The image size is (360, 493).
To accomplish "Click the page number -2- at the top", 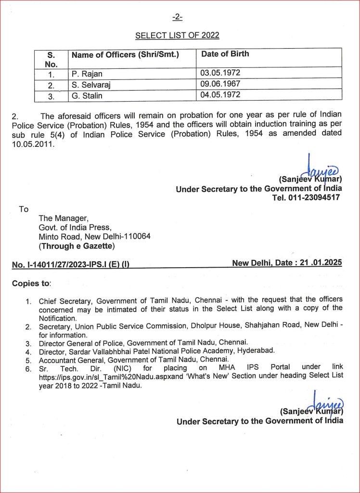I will (177, 18).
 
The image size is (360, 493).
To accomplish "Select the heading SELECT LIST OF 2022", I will (177, 35).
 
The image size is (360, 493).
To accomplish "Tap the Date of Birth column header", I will (225, 54).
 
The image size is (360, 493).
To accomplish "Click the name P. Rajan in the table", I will (88, 74).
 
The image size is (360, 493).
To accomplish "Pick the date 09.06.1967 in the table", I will (220, 84).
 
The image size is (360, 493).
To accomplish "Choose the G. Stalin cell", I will (87, 95).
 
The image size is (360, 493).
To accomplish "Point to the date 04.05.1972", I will (220, 95).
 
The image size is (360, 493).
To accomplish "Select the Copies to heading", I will (31, 283).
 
